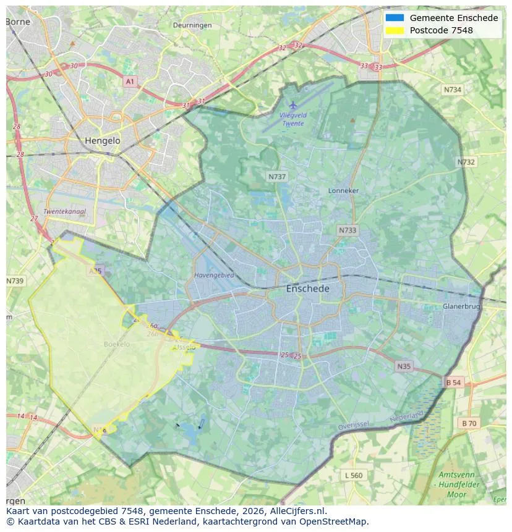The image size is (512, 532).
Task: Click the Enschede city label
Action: (x=307, y=289)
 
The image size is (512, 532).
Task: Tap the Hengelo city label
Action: (x=102, y=141)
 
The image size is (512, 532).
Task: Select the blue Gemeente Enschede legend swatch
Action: (x=395, y=18)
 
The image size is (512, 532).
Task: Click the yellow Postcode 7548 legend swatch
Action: (x=395, y=30)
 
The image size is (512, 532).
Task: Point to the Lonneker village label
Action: (x=343, y=191)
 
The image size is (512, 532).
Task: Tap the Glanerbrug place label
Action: (x=461, y=306)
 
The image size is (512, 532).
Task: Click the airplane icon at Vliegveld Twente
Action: (x=293, y=106)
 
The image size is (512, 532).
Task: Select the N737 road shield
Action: (x=277, y=177)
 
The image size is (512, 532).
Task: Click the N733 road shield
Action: (x=348, y=230)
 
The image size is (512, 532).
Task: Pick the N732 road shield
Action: (x=466, y=162)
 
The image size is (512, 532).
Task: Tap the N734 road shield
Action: (x=453, y=90)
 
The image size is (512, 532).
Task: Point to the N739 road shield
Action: (x=15, y=281)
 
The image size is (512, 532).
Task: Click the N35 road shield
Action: (x=404, y=366)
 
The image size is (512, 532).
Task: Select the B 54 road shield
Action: (x=453, y=382)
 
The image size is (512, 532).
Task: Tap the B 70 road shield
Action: (x=469, y=423)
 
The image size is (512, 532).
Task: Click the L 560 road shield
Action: (x=354, y=475)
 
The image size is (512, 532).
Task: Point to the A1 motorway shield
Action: (x=129, y=82)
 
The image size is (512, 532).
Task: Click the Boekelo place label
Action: (x=117, y=344)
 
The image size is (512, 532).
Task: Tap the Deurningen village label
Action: (x=192, y=25)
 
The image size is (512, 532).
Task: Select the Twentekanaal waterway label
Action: (x=64, y=211)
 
